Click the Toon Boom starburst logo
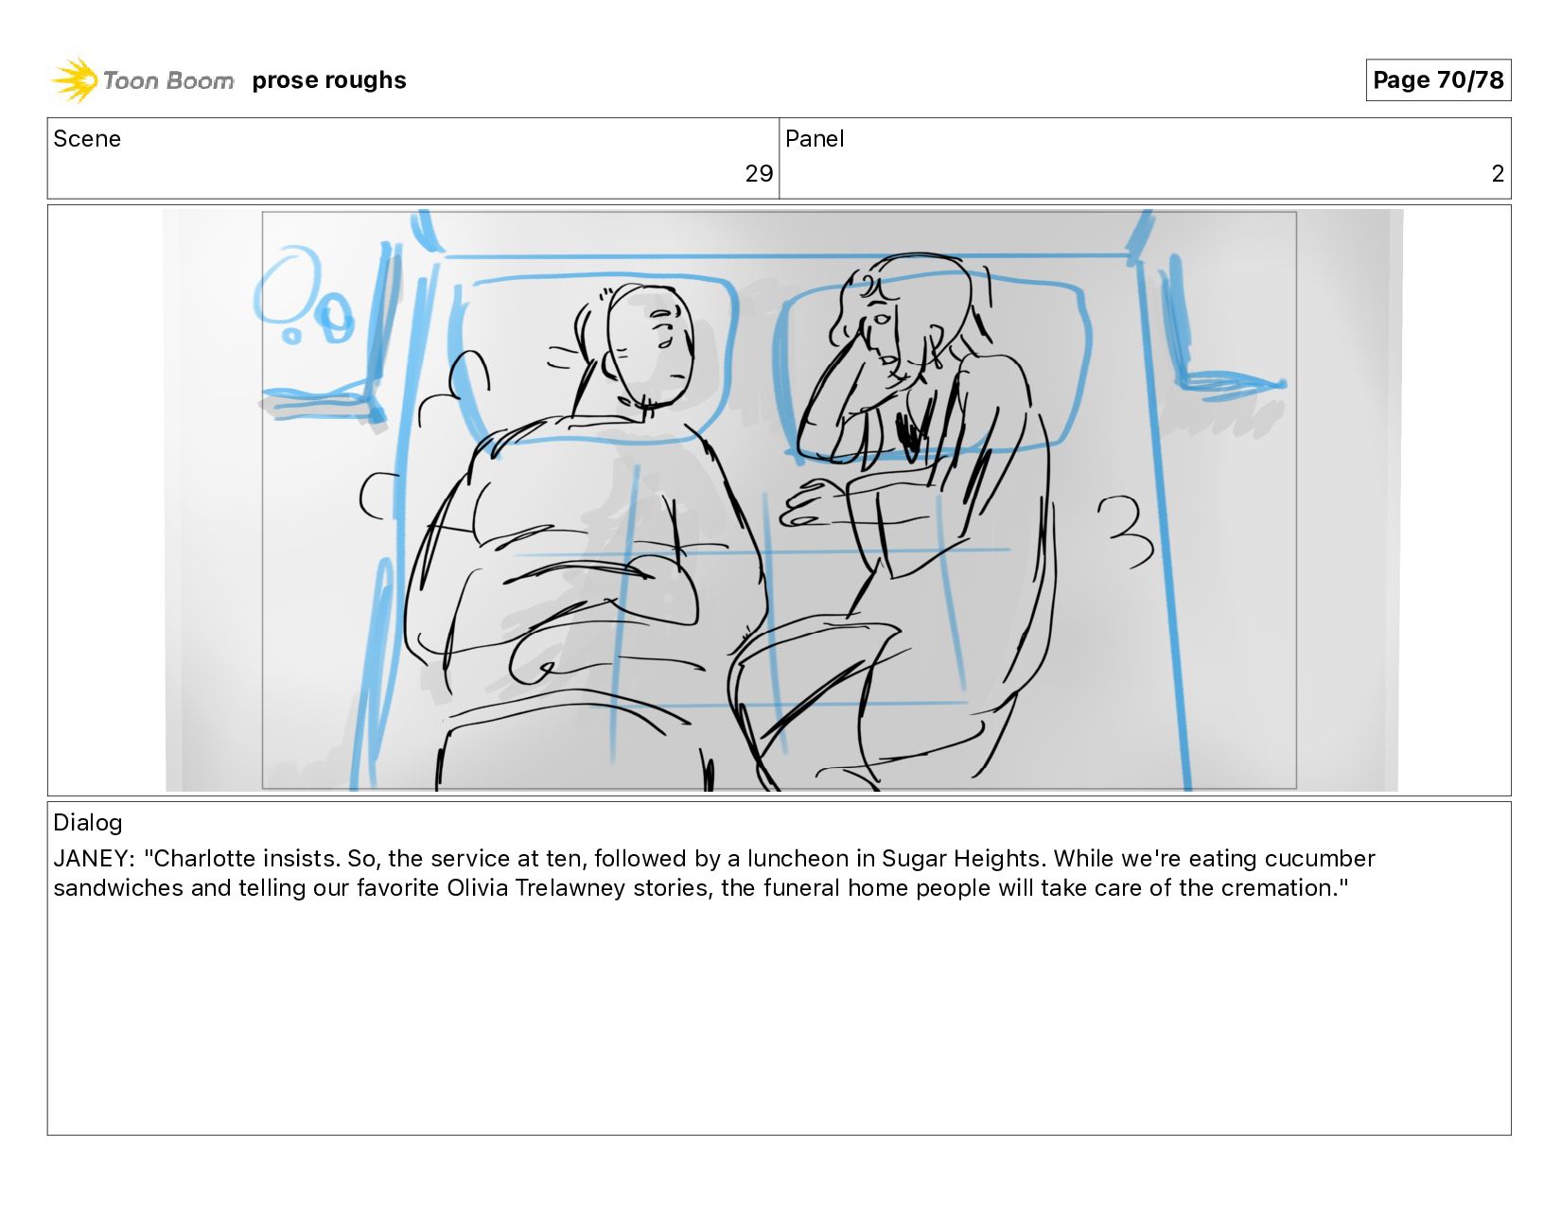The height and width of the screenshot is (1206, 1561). tap(75, 79)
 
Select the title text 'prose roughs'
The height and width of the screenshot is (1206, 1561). tap(329, 79)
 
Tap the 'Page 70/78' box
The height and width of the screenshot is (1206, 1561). tap(1438, 79)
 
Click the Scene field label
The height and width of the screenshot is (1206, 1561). tap(87, 139)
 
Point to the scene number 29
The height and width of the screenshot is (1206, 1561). tap(759, 174)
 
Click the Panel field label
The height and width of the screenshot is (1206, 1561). tap(814, 139)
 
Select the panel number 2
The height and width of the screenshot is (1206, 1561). tap(1498, 174)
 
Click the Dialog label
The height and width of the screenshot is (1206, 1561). tap(88, 822)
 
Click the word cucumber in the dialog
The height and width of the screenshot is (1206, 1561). tap(1320, 858)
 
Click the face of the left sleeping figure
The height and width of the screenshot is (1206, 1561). tap(651, 345)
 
